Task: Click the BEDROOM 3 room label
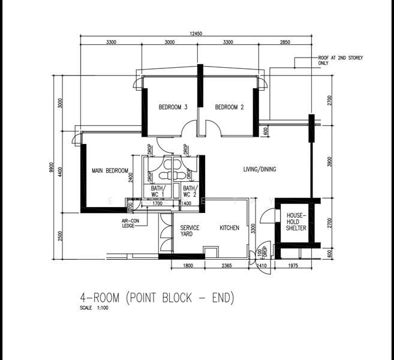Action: (173, 107)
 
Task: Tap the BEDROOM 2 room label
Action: (230, 107)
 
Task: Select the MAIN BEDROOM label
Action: (110, 170)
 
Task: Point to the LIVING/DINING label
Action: (260, 169)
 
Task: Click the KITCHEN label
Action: (229, 228)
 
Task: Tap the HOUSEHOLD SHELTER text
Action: (296, 221)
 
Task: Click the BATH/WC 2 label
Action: (190, 191)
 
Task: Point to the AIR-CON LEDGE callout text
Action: (130, 223)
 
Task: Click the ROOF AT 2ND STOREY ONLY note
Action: (340, 60)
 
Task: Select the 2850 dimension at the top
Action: (284, 43)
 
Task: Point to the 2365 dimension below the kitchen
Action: (227, 265)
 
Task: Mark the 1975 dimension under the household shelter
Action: (293, 265)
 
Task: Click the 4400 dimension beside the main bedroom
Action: (61, 173)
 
